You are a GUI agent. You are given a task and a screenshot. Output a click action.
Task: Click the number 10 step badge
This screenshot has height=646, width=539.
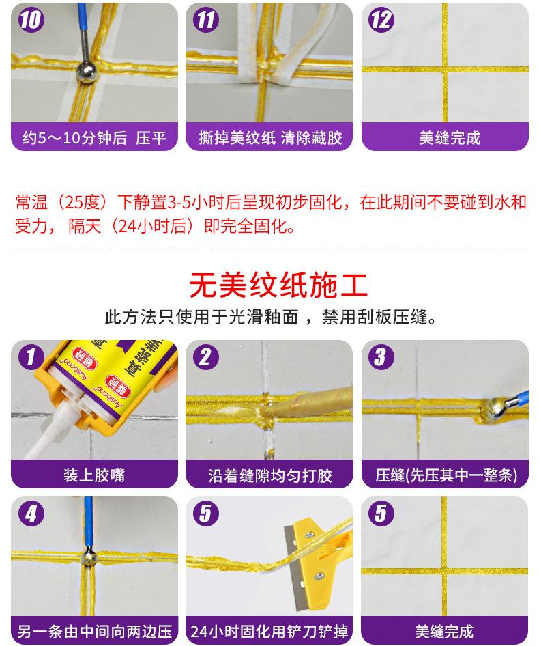[x=31, y=20]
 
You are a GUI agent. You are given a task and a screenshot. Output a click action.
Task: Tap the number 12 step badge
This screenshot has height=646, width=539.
[x=381, y=20]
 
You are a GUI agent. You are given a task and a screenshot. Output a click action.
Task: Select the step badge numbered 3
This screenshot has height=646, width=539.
[x=381, y=356]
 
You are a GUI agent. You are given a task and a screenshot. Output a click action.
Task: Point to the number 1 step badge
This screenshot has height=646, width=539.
[x=31, y=356]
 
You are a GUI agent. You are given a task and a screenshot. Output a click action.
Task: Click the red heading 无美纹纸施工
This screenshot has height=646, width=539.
[x=278, y=285]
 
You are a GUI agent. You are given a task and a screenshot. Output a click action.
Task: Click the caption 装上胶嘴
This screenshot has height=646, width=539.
[x=94, y=475]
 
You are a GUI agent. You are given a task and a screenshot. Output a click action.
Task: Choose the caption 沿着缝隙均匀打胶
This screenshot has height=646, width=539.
[x=269, y=475]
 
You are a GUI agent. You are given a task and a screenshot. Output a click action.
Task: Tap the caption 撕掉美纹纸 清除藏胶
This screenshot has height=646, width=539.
[x=270, y=138]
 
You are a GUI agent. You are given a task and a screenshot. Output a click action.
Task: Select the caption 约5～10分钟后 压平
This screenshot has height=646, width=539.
[x=94, y=138]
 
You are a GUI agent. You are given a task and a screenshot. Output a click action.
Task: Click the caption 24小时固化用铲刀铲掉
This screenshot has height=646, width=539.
[x=269, y=631]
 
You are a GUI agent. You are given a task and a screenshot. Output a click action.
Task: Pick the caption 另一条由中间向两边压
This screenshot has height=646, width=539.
[x=94, y=631]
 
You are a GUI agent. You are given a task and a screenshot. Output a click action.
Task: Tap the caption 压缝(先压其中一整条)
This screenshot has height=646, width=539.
[x=446, y=475]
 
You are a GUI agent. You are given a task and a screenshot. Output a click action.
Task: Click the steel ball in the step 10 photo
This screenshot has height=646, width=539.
[x=86, y=72]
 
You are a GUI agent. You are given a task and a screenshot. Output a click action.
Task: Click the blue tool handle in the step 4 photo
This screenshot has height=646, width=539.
[x=88, y=521]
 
